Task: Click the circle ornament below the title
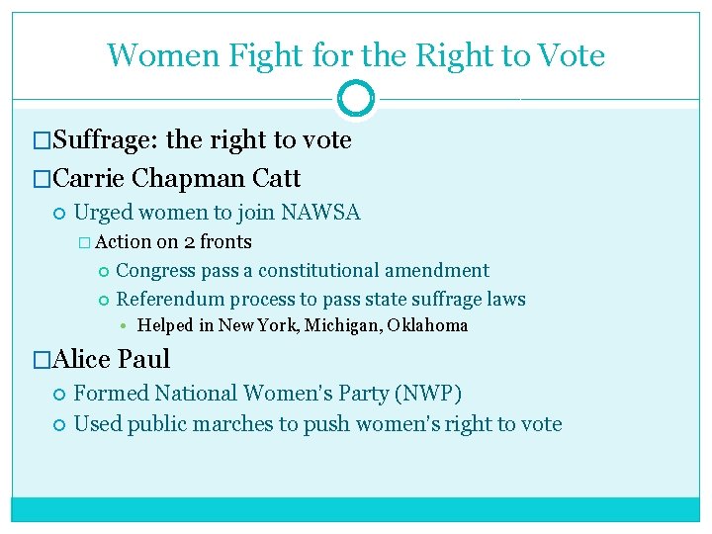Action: pos(356,99)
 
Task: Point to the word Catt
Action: pos(277,179)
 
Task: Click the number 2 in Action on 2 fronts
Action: pos(189,242)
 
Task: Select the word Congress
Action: pos(155,271)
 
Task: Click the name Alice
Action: pos(81,359)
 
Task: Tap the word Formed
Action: pos(109,394)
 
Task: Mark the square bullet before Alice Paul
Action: pos(42,360)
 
